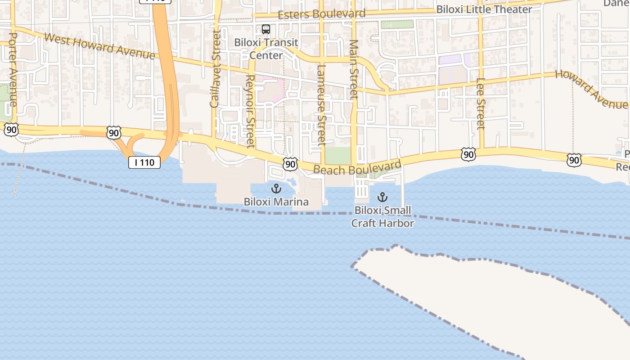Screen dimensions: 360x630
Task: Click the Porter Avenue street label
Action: [x=13, y=69]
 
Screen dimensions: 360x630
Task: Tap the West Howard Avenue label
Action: [x=100, y=46]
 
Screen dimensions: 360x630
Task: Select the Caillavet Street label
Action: [x=216, y=69]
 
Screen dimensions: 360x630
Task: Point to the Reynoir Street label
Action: [x=251, y=111]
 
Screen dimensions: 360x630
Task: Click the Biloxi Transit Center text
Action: [x=266, y=49]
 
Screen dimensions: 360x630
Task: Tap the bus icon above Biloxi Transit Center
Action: [x=266, y=29]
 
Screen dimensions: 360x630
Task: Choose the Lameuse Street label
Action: [x=321, y=105]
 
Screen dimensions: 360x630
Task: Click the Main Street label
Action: [x=354, y=69]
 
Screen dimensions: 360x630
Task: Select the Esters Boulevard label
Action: [x=321, y=14]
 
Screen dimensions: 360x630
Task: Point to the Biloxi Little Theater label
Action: [x=484, y=9]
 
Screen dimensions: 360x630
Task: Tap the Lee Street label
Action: [x=481, y=103]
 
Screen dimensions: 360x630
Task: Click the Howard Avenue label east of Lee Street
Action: [x=590, y=89]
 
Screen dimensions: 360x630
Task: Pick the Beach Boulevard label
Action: [x=357, y=167]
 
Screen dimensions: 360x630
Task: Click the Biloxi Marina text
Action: [x=276, y=202]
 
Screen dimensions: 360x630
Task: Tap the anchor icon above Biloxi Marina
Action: [x=276, y=189]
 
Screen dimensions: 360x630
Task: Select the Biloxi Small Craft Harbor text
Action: [x=382, y=216]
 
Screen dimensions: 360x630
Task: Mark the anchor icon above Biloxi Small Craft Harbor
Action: [x=382, y=197]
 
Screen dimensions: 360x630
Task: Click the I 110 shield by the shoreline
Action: [x=144, y=162]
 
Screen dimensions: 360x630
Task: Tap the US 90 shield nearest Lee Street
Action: [x=468, y=154]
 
